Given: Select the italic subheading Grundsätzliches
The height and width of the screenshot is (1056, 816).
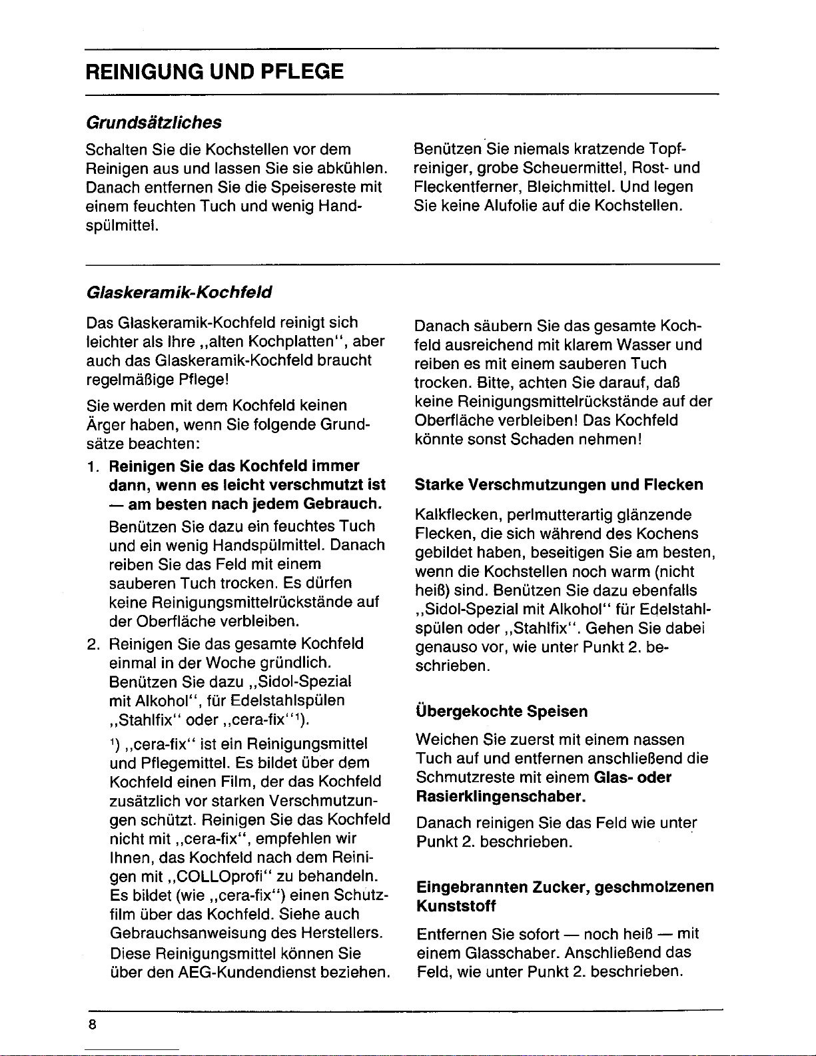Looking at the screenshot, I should click(x=153, y=123).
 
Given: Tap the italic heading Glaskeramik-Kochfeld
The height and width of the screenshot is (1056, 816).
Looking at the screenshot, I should click(x=179, y=292).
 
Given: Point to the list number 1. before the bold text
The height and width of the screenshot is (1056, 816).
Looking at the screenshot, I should click(x=94, y=465).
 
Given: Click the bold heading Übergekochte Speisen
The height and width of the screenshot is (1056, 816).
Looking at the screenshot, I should click(x=501, y=712).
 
